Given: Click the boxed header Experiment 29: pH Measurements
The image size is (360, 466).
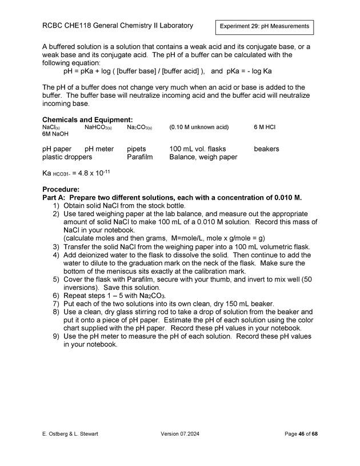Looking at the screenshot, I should [x=265, y=26].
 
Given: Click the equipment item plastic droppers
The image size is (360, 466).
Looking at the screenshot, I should [x=67, y=157].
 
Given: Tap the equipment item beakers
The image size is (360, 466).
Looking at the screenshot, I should [x=266, y=149].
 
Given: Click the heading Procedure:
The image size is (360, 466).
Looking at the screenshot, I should [x=61, y=189].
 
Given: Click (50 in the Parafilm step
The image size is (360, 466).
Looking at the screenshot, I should [x=304, y=279].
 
